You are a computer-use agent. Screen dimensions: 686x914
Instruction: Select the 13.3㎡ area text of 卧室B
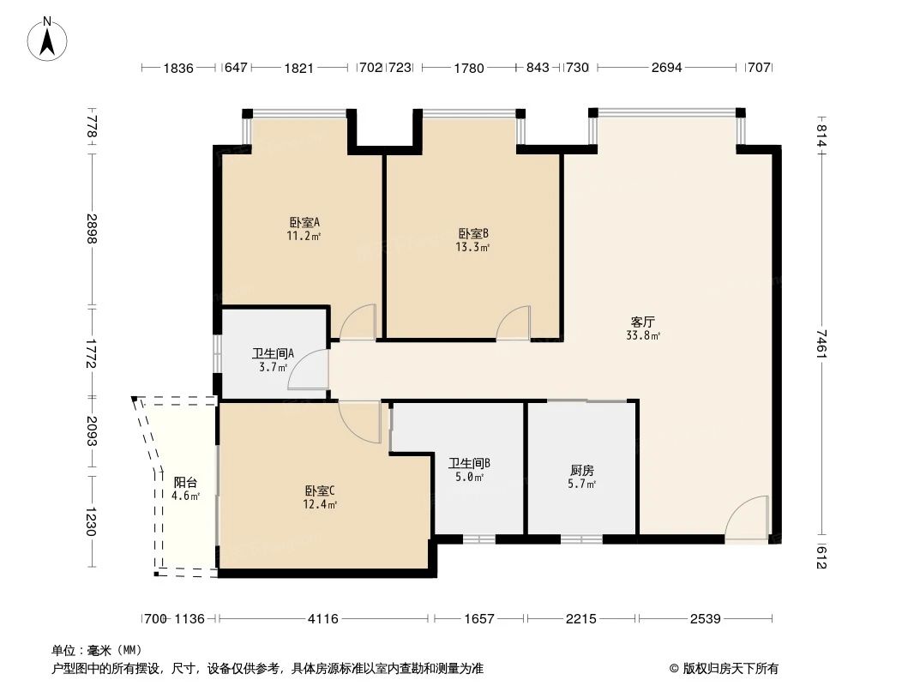coord(472,248)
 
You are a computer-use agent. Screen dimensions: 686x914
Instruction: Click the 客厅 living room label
coord(643,322)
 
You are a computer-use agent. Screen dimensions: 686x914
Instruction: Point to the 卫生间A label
coord(273,353)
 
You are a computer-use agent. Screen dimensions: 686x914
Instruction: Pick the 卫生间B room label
coord(469,463)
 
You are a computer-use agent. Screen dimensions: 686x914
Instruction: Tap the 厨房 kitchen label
coord(582,470)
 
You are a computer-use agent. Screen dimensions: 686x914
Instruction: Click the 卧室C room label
coord(320,490)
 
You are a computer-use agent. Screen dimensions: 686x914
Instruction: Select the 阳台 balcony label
coord(185,483)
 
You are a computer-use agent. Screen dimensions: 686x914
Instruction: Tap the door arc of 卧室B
coord(514,323)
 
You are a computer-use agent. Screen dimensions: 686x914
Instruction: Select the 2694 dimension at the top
coord(666,68)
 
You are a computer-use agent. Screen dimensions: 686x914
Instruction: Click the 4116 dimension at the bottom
coord(323,618)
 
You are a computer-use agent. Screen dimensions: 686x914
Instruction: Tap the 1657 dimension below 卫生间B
coord(479,618)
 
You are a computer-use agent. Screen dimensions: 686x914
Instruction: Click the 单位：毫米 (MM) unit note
coord(97,650)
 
